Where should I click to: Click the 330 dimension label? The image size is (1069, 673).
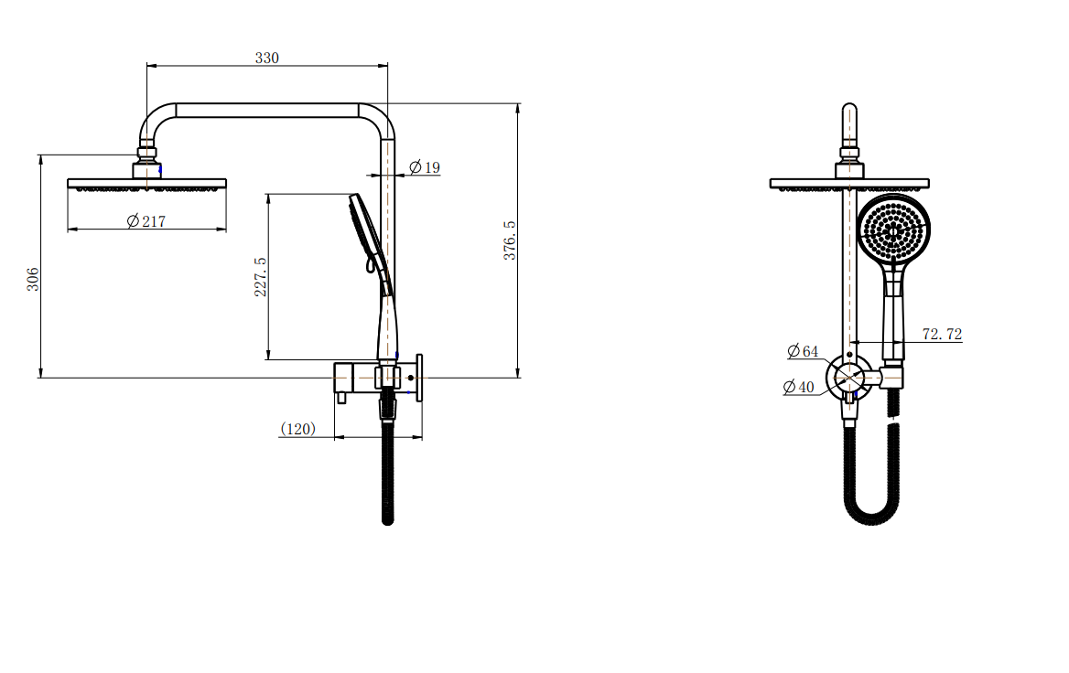point(266,58)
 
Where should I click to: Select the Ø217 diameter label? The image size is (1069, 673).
point(146,220)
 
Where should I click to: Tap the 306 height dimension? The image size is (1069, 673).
point(33,279)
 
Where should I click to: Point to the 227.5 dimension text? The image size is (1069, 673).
point(261,276)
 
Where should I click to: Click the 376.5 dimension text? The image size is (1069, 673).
point(509,240)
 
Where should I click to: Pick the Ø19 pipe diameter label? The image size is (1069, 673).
point(425,167)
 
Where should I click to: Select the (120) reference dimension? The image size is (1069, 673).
point(298,429)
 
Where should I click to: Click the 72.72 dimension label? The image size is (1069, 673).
point(942,334)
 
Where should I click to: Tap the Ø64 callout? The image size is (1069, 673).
point(803,351)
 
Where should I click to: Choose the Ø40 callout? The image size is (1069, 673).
point(798,387)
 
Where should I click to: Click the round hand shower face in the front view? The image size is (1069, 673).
point(893,230)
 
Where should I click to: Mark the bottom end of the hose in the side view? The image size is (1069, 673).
point(387,521)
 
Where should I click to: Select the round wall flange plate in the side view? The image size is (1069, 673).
point(419,378)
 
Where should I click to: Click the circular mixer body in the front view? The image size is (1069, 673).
point(849,376)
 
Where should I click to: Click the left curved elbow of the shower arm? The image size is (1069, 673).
point(154,122)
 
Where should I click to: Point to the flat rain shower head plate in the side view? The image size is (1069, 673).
point(146,183)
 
